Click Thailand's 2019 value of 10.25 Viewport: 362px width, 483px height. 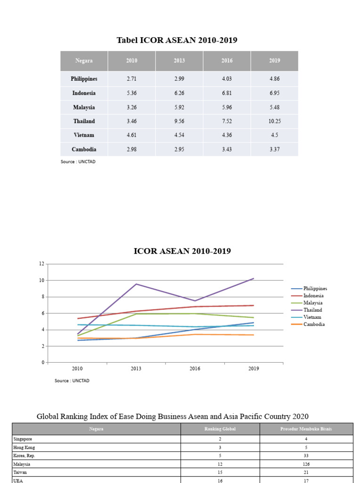274,121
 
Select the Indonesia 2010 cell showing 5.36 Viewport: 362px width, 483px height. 132,93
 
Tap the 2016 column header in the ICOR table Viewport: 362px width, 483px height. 227,60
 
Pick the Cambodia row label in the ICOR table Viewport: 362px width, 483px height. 84,149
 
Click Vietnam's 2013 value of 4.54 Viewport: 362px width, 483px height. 179,135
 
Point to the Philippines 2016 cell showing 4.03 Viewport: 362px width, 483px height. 227,79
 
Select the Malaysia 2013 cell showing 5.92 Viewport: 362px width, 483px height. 179,107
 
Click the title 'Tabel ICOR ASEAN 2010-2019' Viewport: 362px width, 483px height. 177,41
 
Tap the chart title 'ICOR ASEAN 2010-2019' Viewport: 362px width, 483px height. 182,251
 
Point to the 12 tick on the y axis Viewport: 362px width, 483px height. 41,264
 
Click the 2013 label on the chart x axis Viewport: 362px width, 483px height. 136,368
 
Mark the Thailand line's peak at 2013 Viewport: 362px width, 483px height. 136,284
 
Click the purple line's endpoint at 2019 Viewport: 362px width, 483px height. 254,278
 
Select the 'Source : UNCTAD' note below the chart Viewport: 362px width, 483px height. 72,381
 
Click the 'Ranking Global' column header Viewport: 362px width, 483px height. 220,429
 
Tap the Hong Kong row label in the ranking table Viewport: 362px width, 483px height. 24,447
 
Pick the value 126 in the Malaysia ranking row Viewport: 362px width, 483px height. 307,464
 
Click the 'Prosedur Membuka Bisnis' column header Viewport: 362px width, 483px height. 306,429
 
